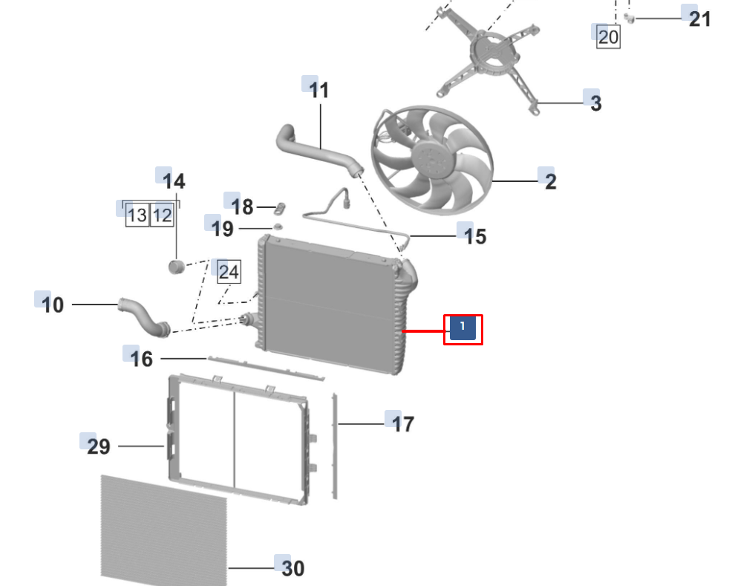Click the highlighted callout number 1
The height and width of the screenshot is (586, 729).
point(462,328)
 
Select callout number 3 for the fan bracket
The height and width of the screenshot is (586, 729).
point(595,103)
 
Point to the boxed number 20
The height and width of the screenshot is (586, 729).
point(608,36)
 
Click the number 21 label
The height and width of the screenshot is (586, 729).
point(699,19)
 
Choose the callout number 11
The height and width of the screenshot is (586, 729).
point(318,91)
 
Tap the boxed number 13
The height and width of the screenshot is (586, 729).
point(137,215)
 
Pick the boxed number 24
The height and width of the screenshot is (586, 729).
point(229,273)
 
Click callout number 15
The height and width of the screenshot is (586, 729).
point(475,236)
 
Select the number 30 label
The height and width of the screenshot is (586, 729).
point(292,568)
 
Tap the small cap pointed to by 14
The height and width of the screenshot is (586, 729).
point(176,266)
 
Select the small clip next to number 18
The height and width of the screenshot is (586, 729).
point(281,205)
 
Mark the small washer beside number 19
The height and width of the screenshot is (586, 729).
point(278,226)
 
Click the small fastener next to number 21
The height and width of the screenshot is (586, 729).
point(629,17)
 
